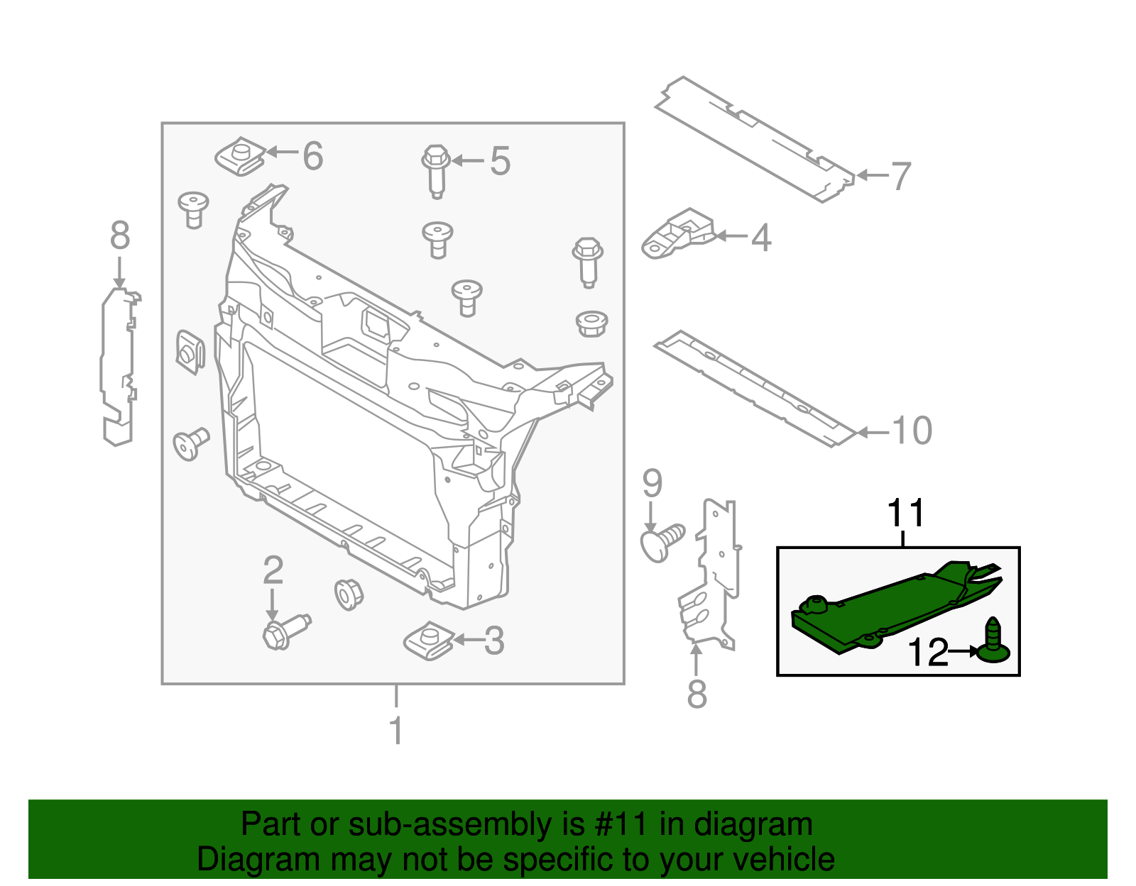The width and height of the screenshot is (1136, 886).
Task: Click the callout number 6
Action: [312, 156]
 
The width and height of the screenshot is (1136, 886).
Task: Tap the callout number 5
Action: [500, 162]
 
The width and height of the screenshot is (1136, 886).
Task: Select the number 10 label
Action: [911, 431]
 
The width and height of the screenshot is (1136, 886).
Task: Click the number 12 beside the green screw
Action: [928, 652]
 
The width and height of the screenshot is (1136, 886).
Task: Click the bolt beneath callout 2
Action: [284, 631]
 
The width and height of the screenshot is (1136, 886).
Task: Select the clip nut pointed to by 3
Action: [428, 641]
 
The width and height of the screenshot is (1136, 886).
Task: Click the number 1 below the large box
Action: [397, 731]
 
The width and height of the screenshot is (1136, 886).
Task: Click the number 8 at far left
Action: [120, 236]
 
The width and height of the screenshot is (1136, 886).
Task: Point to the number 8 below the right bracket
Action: [697, 694]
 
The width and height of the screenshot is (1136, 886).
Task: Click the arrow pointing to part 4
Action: [731, 236]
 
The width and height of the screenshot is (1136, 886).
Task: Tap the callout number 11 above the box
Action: [905, 513]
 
